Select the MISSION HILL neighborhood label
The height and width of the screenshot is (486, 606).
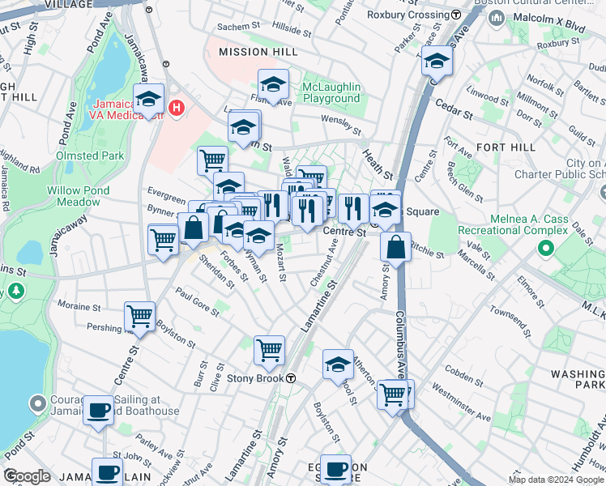(x=254, y=51)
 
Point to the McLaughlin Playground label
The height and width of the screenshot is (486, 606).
(x=331, y=92)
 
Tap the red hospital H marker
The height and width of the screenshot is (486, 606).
(x=177, y=105)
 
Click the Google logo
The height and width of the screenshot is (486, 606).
(x=27, y=476)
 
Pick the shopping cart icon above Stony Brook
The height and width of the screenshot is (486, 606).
(x=269, y=351)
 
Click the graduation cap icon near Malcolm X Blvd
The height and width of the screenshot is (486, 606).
(x=437, y=61)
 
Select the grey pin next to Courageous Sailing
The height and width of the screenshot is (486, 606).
(x=37, y=403)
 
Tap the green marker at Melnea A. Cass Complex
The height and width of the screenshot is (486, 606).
(x=547, y=249)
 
